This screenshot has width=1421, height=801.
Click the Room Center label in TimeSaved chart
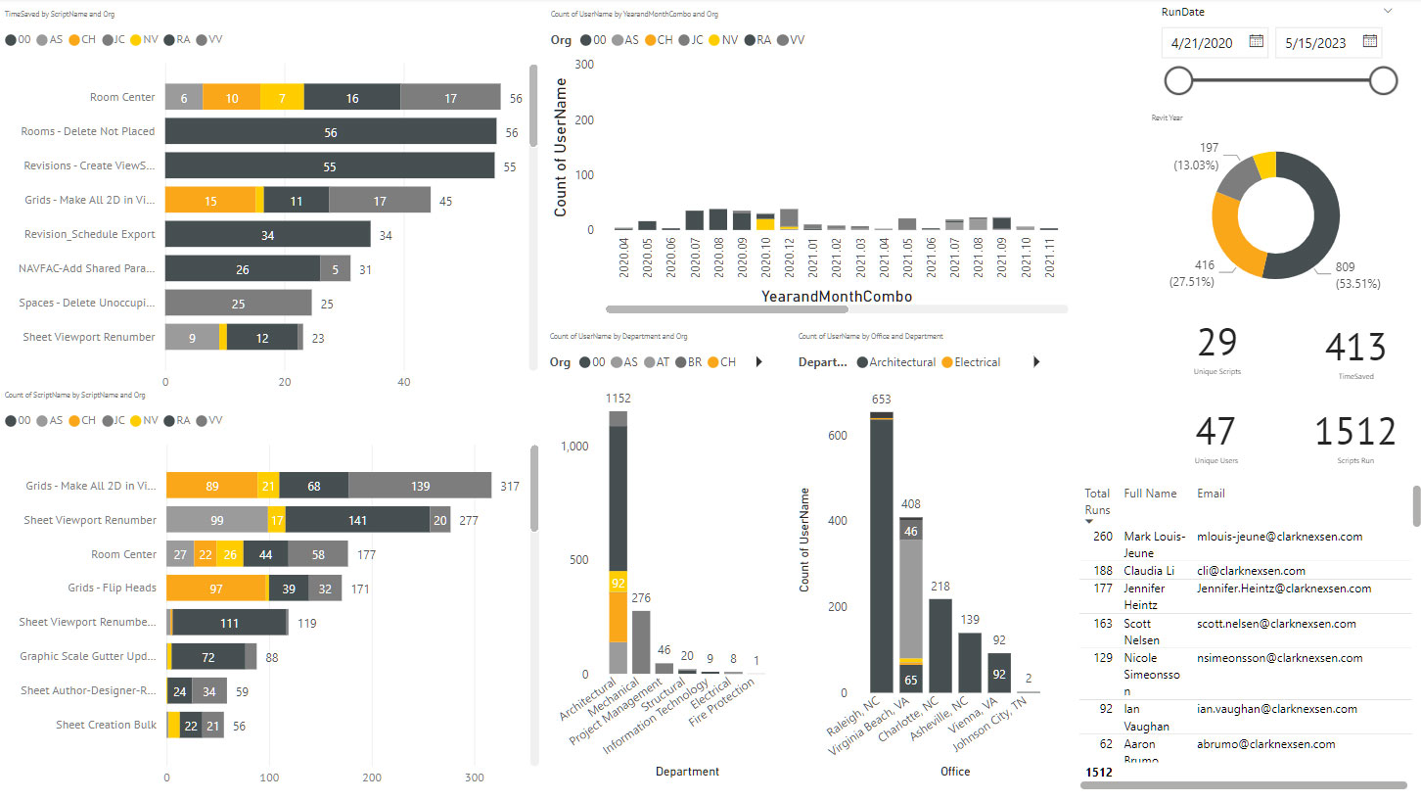click(x=122, y=97)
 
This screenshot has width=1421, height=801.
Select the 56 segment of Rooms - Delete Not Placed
click(x=330, y=132)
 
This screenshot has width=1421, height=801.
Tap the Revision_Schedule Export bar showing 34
click(x=267, y=235)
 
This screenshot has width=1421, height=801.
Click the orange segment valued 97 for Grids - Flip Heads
click(x=216, y=589)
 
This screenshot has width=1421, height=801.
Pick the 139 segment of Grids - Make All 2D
click(x=420, y=486)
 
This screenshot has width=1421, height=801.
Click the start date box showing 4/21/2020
click(x=1203, y=42)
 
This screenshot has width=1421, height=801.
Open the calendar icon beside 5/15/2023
click(x=1370, y=41)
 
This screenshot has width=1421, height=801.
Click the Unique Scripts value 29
click(x=1216, y=344)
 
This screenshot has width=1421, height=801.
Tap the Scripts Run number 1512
click(x=1354, y=432)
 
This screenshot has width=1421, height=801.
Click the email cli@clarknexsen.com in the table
click(x=1251, y=571)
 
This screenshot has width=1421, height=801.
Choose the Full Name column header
click(x=1150, y=494)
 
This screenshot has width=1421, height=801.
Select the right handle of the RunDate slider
click(x=1383, y=80)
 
